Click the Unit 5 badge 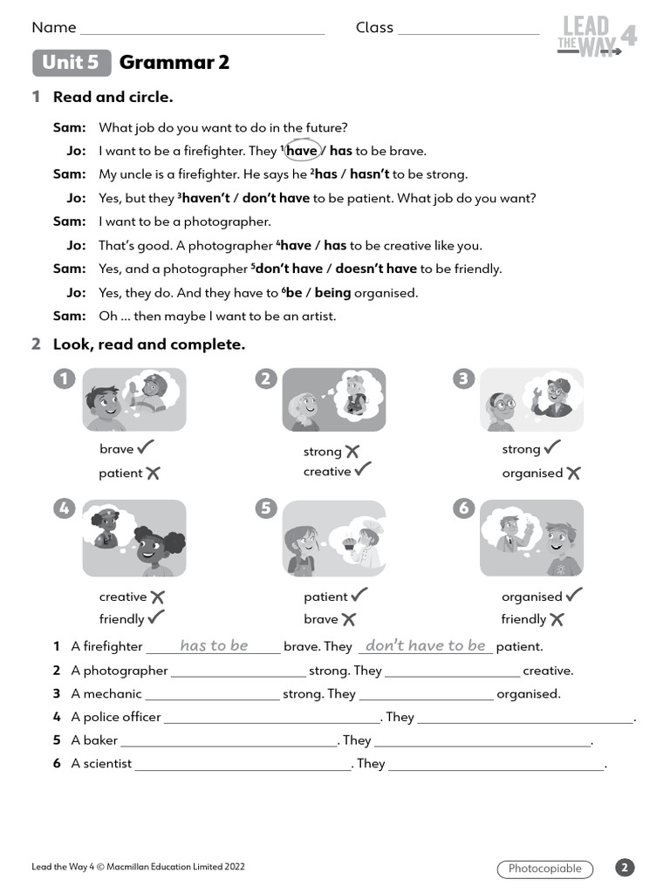[x=72, y=63]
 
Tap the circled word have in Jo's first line [x=302, y=151]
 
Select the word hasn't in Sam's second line [x=369, y=174]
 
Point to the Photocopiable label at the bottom [x=544, y=869]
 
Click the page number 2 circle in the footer [x=625, y=868]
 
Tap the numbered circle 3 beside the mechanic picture [x=464, y=378]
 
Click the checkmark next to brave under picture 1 [x=146, y=447]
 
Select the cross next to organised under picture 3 [x=573, y=473]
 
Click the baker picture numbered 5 [x=334, y=538]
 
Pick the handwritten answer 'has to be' [x=214, y=646]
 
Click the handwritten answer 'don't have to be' [x=425, y=646]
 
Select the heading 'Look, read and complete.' [x=149, y=344]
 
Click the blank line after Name [x=202, y=30]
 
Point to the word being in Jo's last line [x=333, y=293]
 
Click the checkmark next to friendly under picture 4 [x=156, y=617]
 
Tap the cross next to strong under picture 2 [x=352, y=451]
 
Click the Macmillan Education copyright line [x=138, y=867]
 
